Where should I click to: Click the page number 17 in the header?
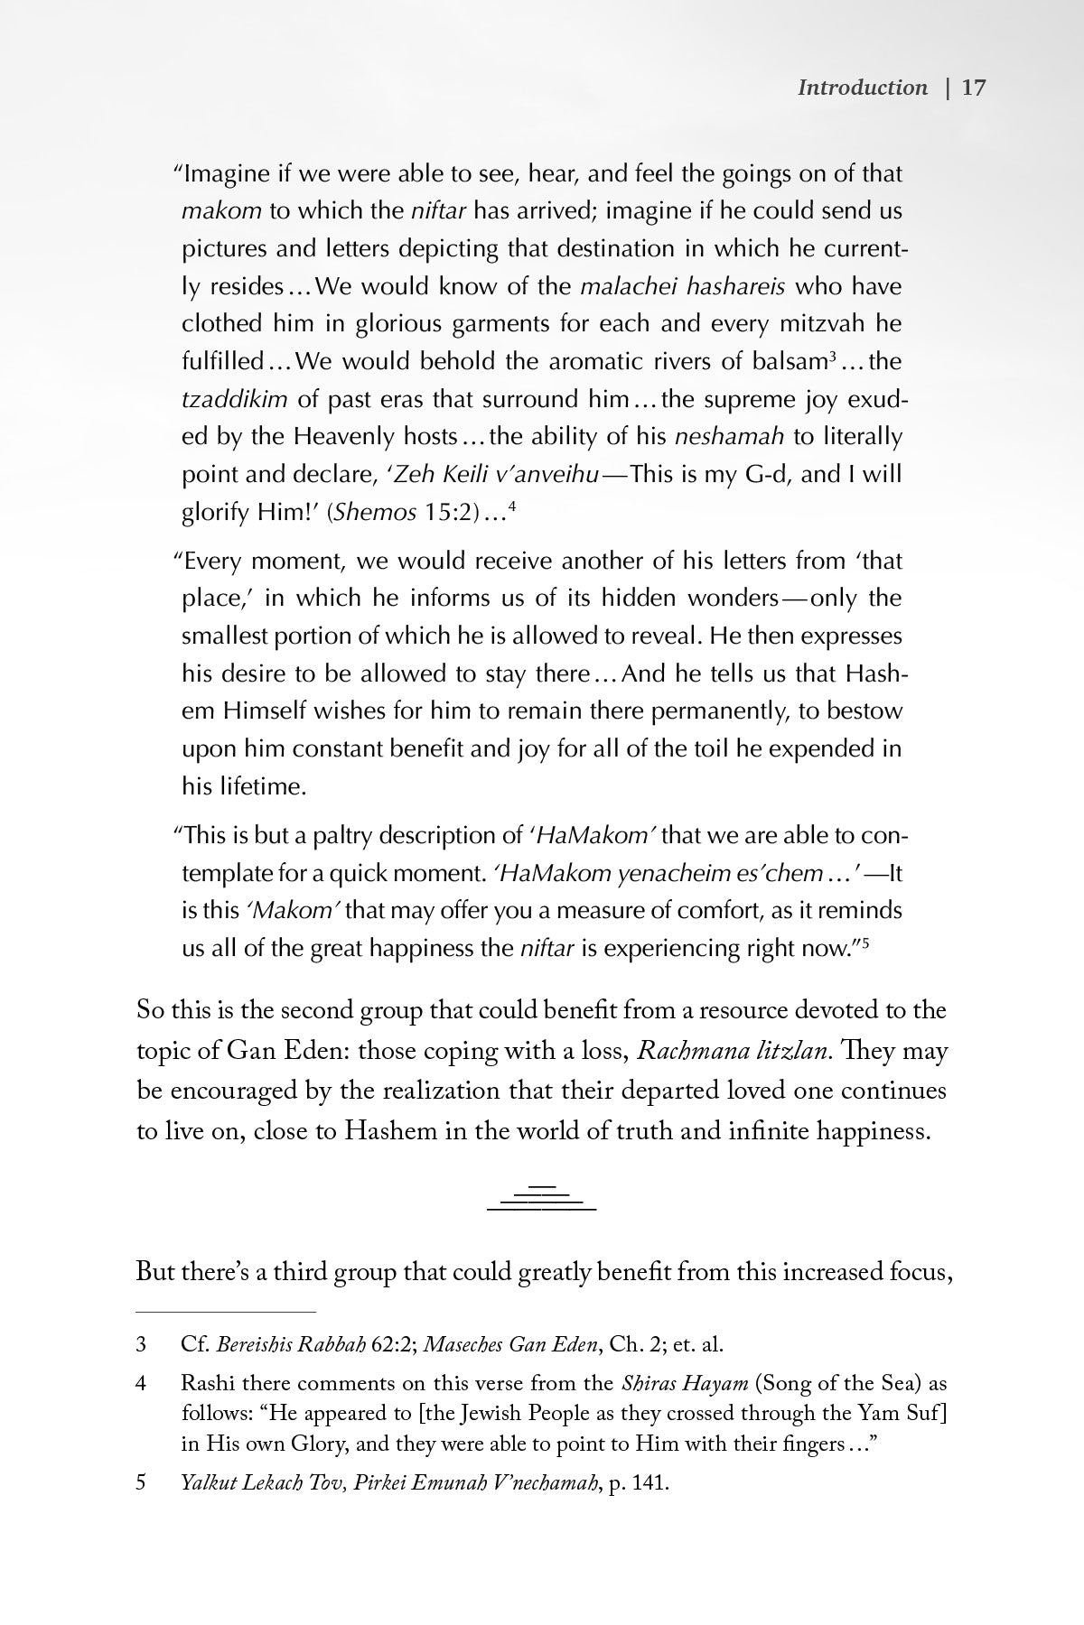(973, 88)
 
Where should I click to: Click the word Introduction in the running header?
(863, 88)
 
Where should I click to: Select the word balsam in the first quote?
(790, 362)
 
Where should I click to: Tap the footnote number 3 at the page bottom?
(141, 1344)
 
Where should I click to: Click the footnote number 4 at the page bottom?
(141, 1383)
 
